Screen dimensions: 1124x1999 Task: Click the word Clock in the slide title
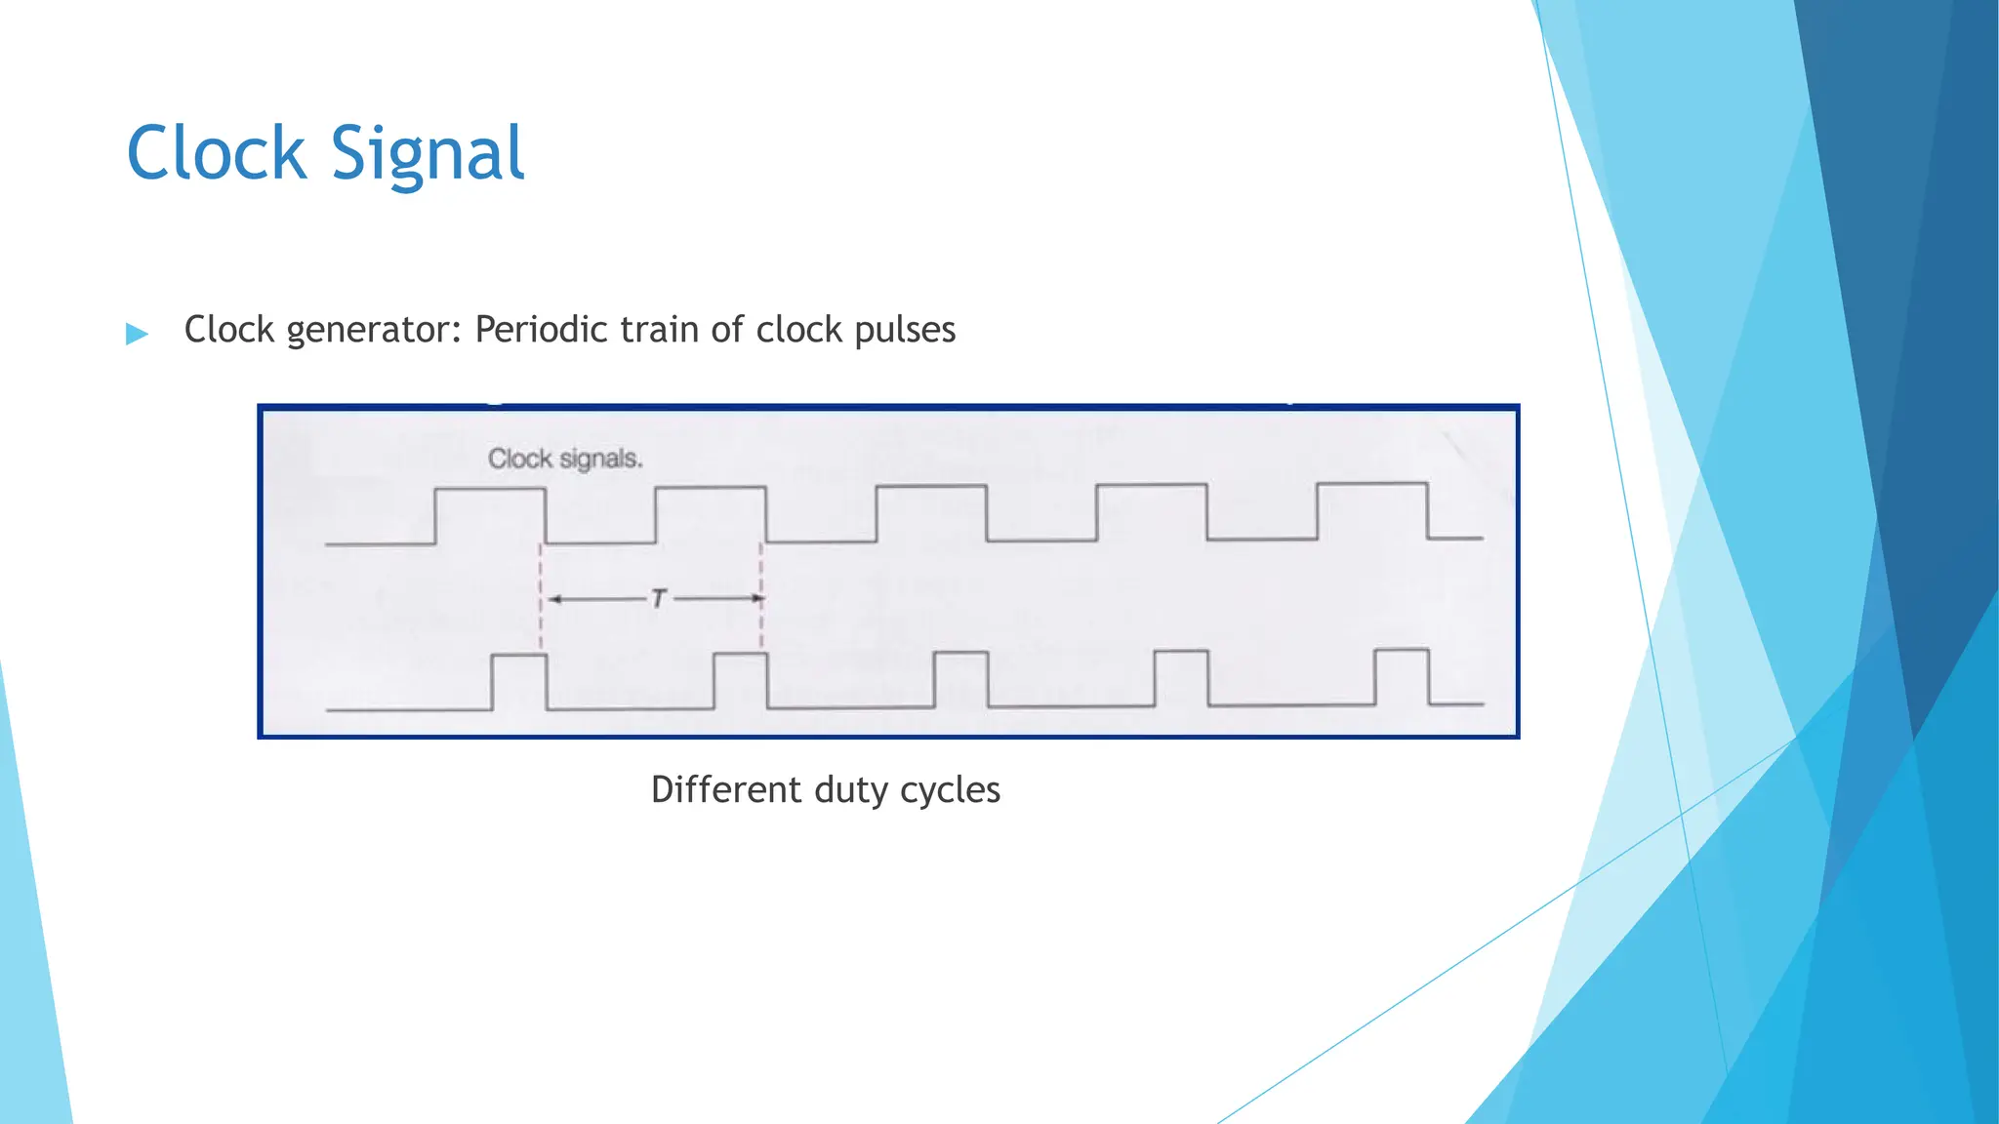pyautogui.click(x=217, y=153)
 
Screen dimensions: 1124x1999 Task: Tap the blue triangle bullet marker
pyautogui.click(x=138, y=334)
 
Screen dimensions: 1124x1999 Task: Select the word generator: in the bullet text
pyautogui.click(x=373, y=330)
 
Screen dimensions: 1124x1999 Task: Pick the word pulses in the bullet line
pyautogui.click(x=905, y=330)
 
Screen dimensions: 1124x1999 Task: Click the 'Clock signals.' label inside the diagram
pyautogui.click(x=565, y=459)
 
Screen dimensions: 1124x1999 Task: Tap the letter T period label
pyautogui.click(x=659, y=598)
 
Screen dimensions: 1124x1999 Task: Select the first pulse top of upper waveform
pyautogui.click(x=489, y=489)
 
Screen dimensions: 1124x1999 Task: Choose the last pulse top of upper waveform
pyautogui.click(x=1371, y=483)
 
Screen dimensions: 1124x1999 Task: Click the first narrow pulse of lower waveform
pyautogui.click(x=518, y=657)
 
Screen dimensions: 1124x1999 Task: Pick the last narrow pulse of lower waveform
pyautogui.click(x=1402, y=650)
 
